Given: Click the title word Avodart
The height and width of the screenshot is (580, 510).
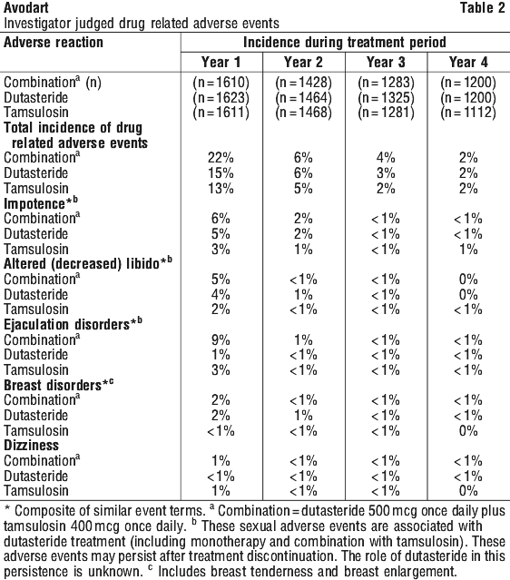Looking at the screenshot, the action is click(x=26, y=7).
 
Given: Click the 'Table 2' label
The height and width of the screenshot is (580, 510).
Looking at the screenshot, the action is click(x=482, y=7).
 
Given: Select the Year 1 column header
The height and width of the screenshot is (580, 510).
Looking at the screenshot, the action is click(x=221, y=62).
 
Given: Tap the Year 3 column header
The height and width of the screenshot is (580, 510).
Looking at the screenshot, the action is click(x=386, y=62).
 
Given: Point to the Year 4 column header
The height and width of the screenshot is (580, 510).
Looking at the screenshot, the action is click(x=468, y=62).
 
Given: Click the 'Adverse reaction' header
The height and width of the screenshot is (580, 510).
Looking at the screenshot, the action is click(x=54, y=42).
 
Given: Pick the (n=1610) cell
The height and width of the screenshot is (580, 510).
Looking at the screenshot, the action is click(x=221, y=82).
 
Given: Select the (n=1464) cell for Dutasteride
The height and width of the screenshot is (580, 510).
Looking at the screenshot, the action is click(x=303, y=98).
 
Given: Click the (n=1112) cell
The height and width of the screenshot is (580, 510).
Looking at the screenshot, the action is click(x=468, y=113).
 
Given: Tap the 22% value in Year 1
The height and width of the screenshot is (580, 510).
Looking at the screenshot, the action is click(x=221, y=158).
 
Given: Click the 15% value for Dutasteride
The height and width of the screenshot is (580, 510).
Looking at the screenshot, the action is click(x=221, y=173).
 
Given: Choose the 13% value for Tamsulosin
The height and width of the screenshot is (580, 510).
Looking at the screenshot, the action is click(x=221, y=188).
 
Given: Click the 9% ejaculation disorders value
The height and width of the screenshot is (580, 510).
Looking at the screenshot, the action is click(x=221, y=340).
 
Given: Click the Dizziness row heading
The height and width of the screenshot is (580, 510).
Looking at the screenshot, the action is click(x=32, y=445).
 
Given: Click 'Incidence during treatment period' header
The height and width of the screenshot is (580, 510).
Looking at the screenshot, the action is click(x=345, y=43).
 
